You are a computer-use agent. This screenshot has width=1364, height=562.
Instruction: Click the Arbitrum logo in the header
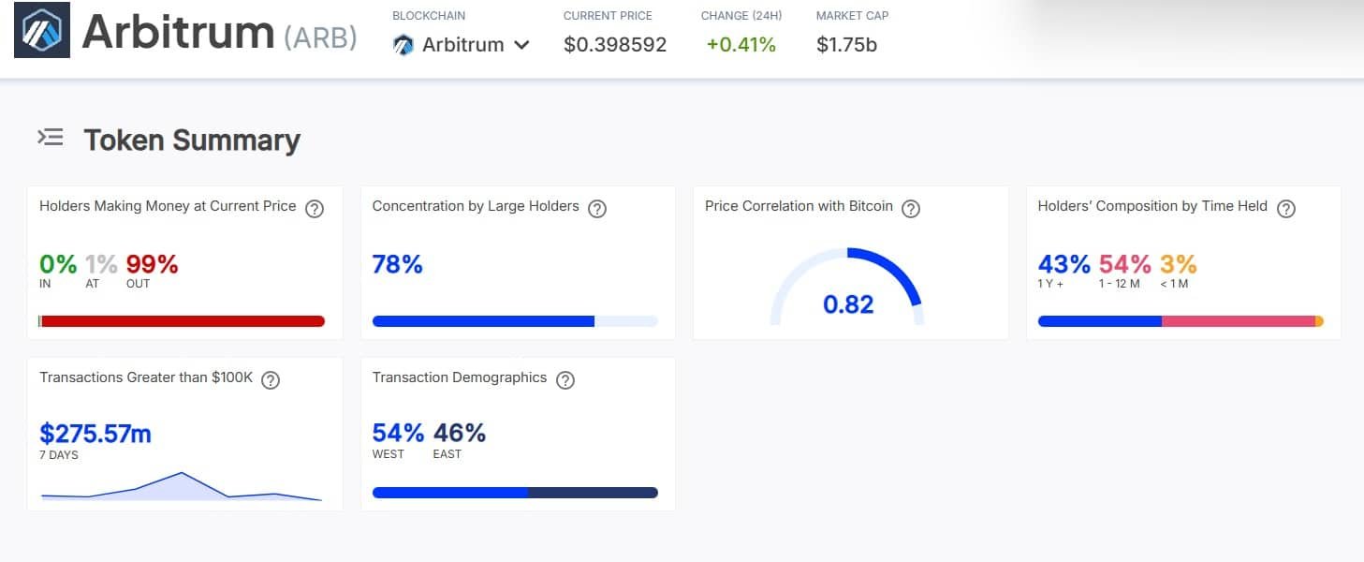(41, 31)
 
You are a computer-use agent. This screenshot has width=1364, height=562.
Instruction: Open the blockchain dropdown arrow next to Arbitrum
(521, 45)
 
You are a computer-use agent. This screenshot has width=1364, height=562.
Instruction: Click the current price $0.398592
(615, 45)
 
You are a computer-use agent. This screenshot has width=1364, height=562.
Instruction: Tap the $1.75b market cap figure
(846, 45)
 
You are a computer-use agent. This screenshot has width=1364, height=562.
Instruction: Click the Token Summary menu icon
(51, 139)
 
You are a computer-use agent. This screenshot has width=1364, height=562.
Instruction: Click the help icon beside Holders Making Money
(315, 208)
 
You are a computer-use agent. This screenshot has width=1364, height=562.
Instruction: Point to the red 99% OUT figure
(152, 264)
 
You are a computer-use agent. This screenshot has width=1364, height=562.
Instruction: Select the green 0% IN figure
(58, 264)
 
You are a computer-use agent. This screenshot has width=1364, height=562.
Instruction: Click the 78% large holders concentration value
(398, 264)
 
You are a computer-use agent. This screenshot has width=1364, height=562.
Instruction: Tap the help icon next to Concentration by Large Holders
(597, 208)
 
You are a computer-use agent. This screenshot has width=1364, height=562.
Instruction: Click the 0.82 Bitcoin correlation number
(848, 304)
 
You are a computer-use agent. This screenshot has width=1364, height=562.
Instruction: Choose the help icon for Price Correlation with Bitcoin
(910, 208)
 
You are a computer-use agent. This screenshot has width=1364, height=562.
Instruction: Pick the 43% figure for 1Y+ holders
(1063, 264)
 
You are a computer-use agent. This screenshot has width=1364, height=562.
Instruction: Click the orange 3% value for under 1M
(1178, 264)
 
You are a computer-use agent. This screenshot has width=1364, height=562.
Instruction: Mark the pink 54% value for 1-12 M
(1124, 264)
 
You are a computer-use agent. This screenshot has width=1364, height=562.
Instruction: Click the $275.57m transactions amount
(95, 434)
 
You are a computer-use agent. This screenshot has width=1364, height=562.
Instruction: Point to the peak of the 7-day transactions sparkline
(182, 473)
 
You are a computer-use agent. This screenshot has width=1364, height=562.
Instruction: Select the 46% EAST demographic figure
(460, 433)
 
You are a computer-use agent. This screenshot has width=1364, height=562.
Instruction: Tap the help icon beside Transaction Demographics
(565, 379)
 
